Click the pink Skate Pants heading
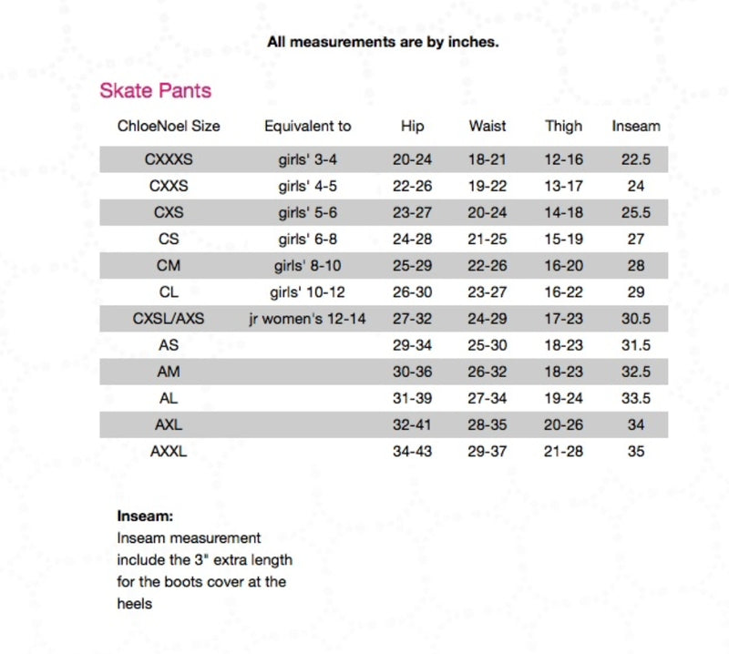click(155, 90)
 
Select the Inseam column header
click(635, 126)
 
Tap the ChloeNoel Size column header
click(169, 126)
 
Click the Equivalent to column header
click(307, 126)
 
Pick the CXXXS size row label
click(169, 159)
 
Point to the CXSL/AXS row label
click(169, 319)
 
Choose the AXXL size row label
click(169, 451)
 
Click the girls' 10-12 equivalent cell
click(307, 292)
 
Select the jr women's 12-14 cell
click(307, 319)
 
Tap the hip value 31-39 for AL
click(412, 398)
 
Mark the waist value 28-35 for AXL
click(488, 424)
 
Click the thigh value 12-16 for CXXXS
click(563, 159)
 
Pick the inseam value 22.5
click(635, 159)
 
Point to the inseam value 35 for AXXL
click(635, 451)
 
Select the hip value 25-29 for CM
click(412, 266)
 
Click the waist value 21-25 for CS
click(488, 240)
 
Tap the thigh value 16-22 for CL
click(563, 292)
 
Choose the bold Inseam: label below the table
click(145, 516)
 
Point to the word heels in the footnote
click(134, 603)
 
